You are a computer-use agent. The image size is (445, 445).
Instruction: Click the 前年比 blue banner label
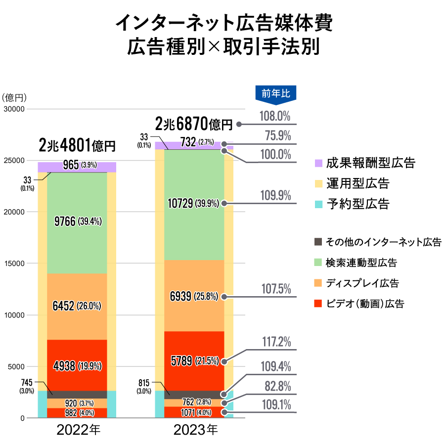click(x=276, y=93)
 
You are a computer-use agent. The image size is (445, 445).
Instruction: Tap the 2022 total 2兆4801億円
click(x=77, y=146)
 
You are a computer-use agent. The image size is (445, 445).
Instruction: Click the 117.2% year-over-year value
click(x=275, y=342)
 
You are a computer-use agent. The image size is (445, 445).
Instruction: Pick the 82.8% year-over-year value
click(x=275, y=386)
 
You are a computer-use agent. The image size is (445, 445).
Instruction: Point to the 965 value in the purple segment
click(x=71, y=165)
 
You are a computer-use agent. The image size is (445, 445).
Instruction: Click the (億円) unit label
click(x=14, y=97)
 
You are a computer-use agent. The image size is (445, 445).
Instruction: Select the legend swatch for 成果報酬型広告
click(x=319, y=163)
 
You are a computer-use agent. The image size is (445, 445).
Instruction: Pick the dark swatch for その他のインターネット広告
click(x=319, y=242)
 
